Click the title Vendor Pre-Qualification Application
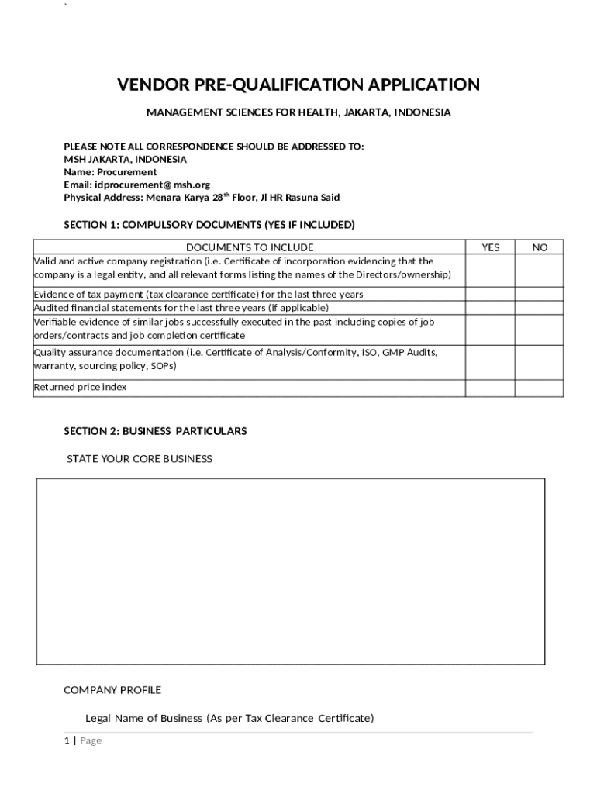tap(298, 85)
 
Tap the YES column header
tap(490, 247)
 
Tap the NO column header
tap(540, 247)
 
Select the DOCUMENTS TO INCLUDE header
tap(250, 247)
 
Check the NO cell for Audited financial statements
tap(540, 308)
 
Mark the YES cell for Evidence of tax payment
tap(490, 295)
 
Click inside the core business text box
tap(291, 571)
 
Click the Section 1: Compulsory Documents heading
tap(209, 225)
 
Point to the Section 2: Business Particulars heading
tap(155, 431)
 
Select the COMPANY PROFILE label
tap(112, 690)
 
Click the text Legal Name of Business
tap(143, 718)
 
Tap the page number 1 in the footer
tap(67, 740)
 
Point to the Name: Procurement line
tap(110, 171)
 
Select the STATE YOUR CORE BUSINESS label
tap(140, 459)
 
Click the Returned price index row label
tap(81, 387)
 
